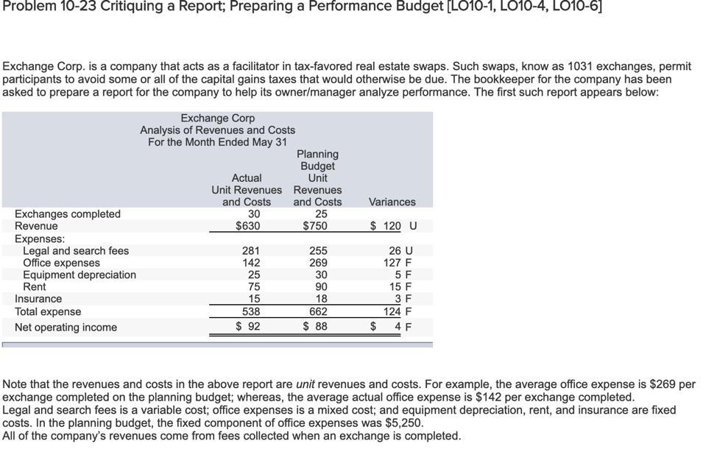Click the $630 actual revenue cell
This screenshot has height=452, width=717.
point(247,226)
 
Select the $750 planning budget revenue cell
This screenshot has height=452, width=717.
point(317,226)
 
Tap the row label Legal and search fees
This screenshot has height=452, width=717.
point(76,251)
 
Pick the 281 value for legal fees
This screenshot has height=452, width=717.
point(252,251)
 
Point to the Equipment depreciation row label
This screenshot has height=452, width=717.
point(80,275)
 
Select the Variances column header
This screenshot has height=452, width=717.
point(392,202)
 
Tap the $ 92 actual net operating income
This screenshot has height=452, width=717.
point(247,327)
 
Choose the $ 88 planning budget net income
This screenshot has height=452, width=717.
point(317,327)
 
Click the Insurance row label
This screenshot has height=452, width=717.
point(38,299)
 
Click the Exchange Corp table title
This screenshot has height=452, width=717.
point(217,118)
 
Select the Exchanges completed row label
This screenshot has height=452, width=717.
point(68,213)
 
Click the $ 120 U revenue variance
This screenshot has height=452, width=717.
point(392,226)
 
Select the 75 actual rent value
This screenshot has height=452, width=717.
point(252,286)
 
